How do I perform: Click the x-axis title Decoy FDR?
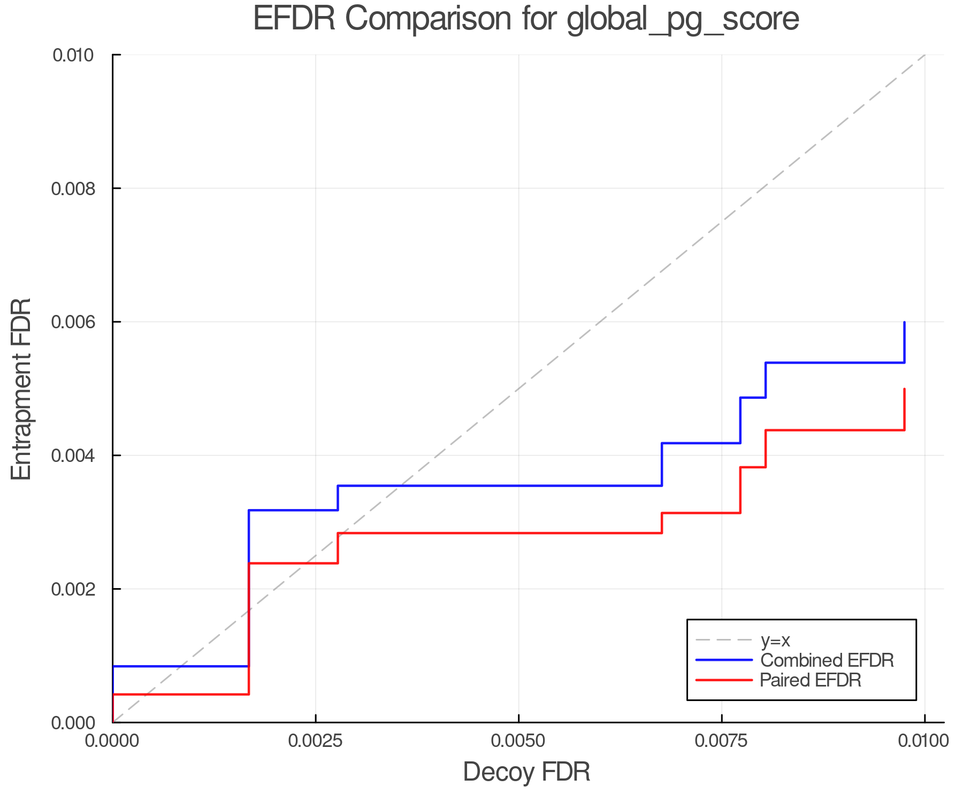[x=526, y=772]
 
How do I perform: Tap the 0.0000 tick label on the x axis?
[x=112, y=741]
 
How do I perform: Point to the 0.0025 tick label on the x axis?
[x=316, y=741]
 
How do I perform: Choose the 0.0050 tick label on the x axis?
[x=518, y=741]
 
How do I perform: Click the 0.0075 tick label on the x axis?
[x=722, y=741]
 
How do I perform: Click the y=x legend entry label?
[x=775, y=640]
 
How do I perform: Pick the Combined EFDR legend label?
[x=827, y=660]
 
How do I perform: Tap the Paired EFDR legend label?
[x=811, y=680]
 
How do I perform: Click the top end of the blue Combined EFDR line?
[x=904, y=322]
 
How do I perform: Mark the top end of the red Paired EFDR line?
[x=904, y=389]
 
